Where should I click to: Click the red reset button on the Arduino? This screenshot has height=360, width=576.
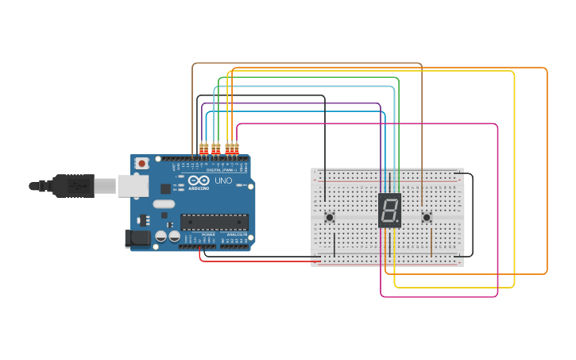[141, 163]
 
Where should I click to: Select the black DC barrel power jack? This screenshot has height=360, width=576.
[137, 237]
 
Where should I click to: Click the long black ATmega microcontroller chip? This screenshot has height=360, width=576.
[214, 222]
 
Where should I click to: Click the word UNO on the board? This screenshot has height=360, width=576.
[223, 181]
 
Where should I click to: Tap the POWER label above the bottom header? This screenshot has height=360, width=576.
[208, 234]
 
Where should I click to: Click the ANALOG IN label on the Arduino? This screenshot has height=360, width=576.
[236, 234]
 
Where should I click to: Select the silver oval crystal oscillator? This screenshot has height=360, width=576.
[164, 204]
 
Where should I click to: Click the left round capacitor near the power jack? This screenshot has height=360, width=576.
[161, 236]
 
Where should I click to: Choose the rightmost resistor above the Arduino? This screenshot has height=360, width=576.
[236, 148]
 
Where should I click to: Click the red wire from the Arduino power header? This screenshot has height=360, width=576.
[254, 261]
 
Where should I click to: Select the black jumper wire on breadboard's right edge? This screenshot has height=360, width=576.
[472, 215]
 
